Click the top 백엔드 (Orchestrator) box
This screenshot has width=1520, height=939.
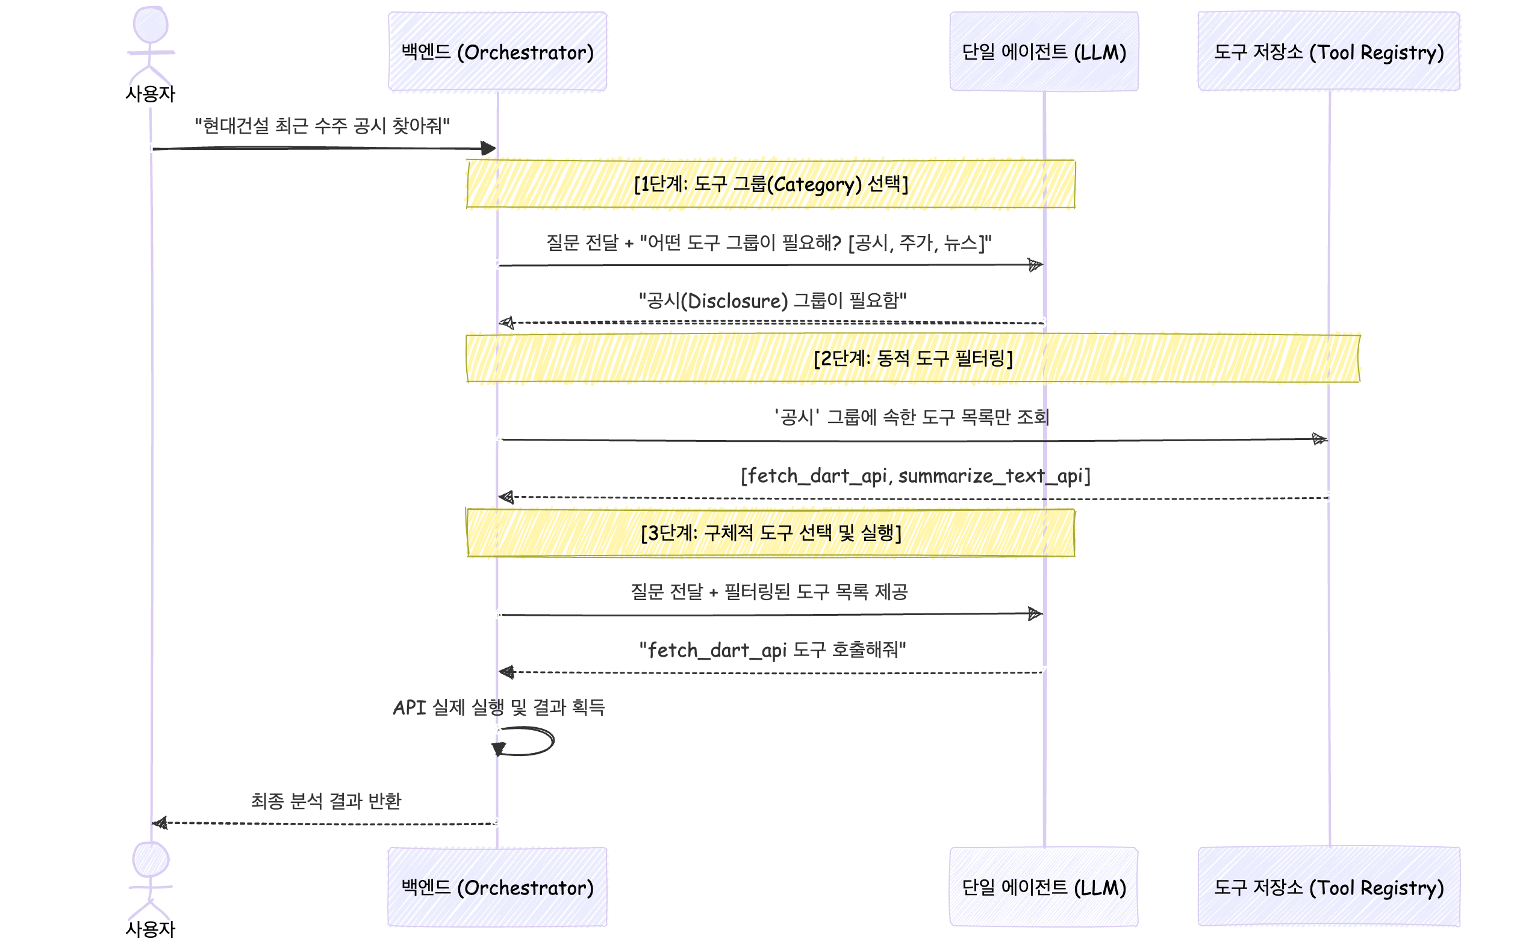497,52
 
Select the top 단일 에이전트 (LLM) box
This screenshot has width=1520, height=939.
1044,52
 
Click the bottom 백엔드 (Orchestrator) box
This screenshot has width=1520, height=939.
497,887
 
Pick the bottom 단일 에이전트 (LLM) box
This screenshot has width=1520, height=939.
1044,887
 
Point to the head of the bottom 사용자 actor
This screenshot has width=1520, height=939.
151,860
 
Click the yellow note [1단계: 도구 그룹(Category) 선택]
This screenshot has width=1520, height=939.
770,184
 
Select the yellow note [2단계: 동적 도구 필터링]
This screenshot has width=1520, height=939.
912,358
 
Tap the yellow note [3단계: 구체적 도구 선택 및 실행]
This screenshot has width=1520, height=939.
770,533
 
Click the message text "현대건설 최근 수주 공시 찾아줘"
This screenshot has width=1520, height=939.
322,126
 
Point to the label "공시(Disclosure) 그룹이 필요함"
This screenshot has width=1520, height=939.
772,301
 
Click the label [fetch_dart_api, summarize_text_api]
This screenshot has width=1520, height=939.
915,476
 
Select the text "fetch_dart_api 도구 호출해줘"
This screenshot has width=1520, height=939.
772,650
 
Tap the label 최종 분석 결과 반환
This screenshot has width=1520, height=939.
326,801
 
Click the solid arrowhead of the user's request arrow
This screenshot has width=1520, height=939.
488,149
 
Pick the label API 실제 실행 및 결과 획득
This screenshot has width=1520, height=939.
499,707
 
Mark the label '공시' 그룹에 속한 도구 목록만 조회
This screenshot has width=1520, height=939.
911,417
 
